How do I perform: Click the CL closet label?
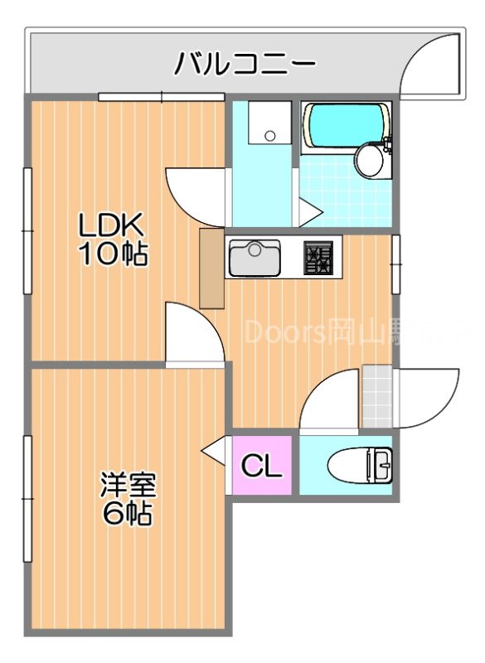tap(261, 467)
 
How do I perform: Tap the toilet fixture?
tap(361, 464)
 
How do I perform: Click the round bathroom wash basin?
tap(370, 161)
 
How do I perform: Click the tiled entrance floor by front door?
tap(376, 397)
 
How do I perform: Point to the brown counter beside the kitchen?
tap(211, 268)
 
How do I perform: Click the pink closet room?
tap(261, 466)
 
